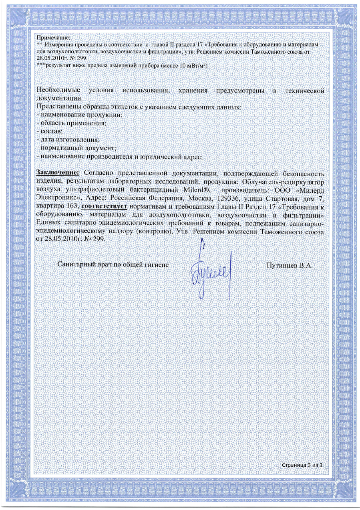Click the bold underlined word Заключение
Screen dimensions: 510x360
tap(58, 172)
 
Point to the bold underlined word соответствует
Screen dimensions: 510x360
tap(104, 207)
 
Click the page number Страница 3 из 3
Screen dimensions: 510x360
tap(302, 465)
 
